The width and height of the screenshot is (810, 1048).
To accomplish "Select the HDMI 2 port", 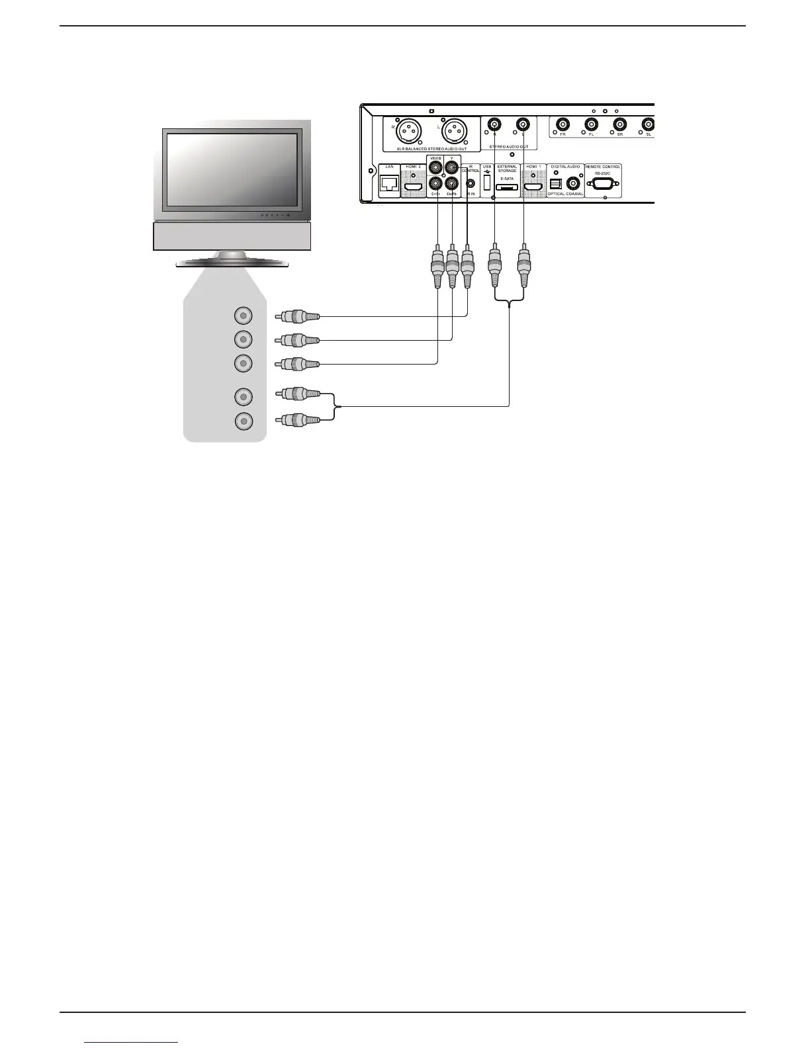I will point(414,188).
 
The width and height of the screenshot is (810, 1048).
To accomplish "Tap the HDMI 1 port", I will point(533,188).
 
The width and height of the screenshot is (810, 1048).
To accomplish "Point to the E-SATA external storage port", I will point(507,189).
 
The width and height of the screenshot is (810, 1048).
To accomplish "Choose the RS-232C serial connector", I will point(602,184).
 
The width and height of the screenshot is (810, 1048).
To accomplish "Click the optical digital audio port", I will point(556,185).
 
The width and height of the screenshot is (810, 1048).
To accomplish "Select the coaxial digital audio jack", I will point(573,185).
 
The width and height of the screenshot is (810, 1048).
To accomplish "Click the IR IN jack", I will point(471,185).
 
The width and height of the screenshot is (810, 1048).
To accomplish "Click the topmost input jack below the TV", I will point(244,316).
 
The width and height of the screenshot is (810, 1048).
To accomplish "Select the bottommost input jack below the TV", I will point(244,421).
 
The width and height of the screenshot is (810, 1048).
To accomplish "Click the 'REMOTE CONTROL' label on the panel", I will point(602,167).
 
